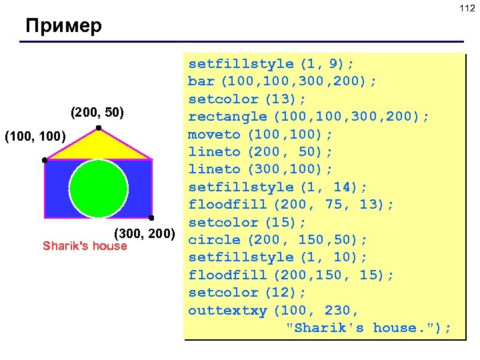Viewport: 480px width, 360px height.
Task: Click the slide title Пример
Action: [63, 27]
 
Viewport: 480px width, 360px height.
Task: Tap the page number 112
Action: [466, 7]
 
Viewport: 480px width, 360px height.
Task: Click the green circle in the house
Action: [99, 188]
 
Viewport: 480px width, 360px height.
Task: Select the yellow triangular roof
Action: [99, 146]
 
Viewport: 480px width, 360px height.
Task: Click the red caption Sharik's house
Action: [85, 246]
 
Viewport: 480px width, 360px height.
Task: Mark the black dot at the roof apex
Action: [98, 127]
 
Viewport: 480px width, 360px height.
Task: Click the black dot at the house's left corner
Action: [44, 161]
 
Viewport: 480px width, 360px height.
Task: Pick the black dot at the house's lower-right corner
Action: [152, 218]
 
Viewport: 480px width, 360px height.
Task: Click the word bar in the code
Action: [201, 81]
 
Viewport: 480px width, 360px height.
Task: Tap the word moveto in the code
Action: [214, 134]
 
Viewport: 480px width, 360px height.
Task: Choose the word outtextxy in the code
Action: [227, 310]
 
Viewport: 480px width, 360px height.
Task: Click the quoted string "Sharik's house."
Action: [368, 327]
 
